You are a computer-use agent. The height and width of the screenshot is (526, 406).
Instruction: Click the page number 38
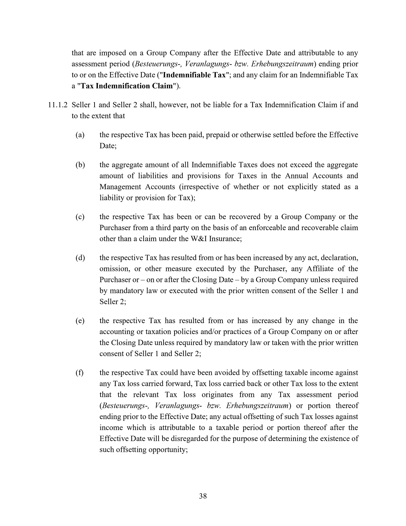click(x=203, y=496)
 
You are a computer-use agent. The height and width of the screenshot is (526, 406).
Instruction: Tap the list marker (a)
click(x=80, y=135)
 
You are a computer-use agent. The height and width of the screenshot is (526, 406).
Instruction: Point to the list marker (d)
click(x=80, y=258)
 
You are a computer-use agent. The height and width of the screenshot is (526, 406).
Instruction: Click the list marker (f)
click(x=80, y=373)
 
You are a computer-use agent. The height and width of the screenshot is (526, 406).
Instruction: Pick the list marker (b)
click(x=80, y=165)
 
